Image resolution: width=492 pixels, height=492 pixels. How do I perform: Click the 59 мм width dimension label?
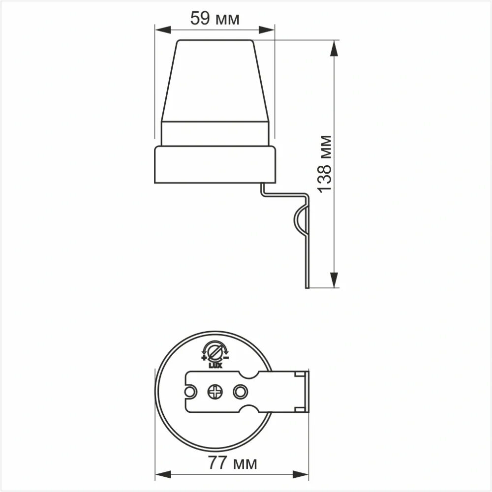click(215, 19)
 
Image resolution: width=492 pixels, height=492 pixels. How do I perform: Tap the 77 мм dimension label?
click(232, 462)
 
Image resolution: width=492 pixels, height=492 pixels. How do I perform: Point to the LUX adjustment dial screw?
click(215, 351)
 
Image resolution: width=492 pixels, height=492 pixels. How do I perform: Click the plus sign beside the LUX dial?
click(204, 358)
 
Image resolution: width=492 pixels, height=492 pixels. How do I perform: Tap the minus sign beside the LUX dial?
click(226, 358)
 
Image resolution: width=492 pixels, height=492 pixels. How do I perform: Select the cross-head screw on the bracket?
click(215, 392)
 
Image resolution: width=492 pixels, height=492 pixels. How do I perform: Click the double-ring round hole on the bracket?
click(240, 392)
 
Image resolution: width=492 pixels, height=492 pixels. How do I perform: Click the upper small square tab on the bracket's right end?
click(299, 375)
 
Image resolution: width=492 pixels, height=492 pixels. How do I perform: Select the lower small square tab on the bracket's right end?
click(299, 409)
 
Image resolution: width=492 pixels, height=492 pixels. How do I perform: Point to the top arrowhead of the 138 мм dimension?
click(334, 48)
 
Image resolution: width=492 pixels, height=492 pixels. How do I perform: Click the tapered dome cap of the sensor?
click(215, 81)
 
